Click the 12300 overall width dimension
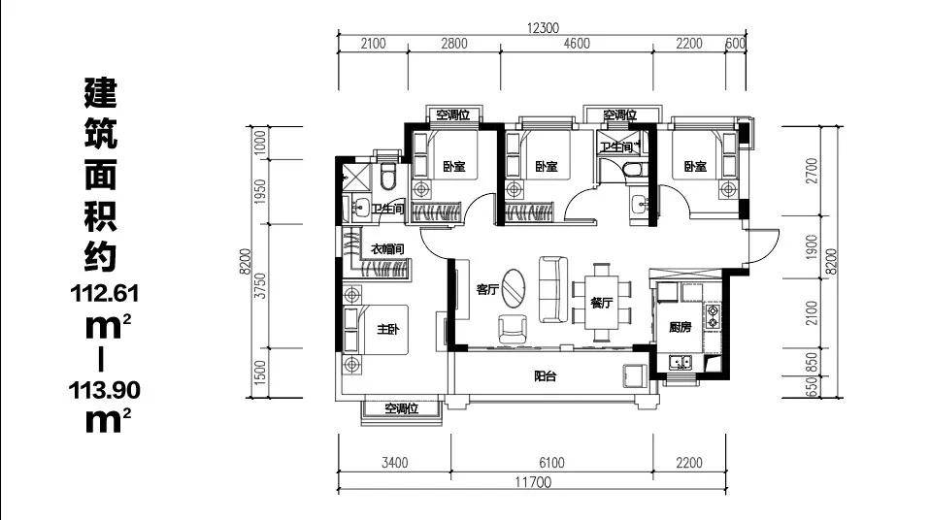tap(542, 28)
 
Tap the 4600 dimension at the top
tap(577, 44)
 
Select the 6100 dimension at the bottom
tap(551, 463)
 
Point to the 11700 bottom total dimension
tap(533, 482)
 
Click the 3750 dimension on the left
tap(259, 286)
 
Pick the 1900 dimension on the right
tap(812, 246)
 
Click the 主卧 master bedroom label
tap(388, 329)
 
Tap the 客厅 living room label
tap(487, 289)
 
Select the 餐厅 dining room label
tap(601, 303)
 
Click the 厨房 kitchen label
tap(681, 327)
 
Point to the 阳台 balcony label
tap(545, 375)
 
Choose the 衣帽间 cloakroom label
tap(387, 249)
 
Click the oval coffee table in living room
tap(513, 289)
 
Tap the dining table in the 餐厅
tap(602, 303)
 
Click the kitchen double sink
tap(681, 362)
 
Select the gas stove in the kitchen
tap(713, 316)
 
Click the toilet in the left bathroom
tap(388, 176)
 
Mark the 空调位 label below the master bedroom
tap(402, 408)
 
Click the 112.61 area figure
tap(105, 293)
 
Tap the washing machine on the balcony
tap(634, 375)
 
